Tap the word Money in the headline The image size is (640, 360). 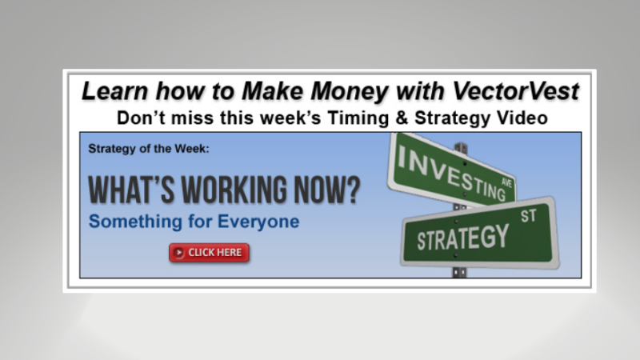coord(318,91)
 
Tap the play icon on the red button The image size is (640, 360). coord(178,253)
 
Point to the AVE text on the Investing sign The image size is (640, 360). coord(504,183)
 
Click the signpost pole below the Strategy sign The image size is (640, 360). coord(460,272)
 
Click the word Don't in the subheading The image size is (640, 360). coord(138,118)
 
